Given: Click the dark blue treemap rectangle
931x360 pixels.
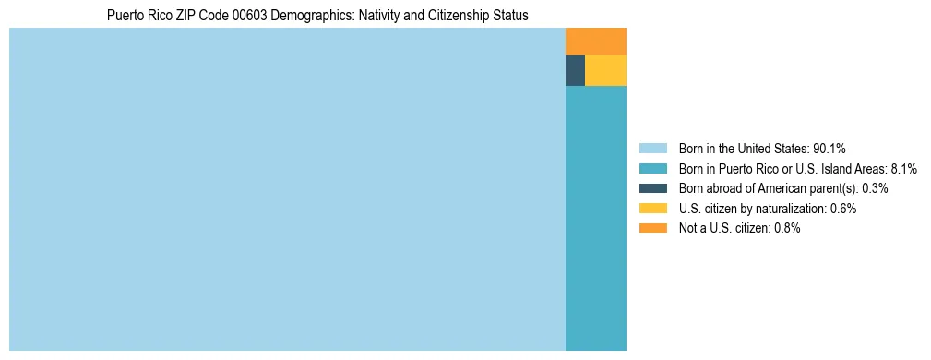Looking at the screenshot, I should (x=575, y=71).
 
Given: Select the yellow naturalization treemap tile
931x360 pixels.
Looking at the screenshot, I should (x=605, y=71).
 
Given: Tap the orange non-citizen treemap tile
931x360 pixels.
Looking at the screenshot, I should (x=595, y=42).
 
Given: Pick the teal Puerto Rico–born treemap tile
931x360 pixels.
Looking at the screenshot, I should (x=595, y=218).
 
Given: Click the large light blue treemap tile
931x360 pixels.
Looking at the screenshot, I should (x=287, y=189).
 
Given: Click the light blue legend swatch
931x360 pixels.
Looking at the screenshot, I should (x=652, y=148).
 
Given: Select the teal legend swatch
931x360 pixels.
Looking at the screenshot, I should (x=652, y=168).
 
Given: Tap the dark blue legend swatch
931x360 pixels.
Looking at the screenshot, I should (x=652, y=188).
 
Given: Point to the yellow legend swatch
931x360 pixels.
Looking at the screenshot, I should (x=652, y=209).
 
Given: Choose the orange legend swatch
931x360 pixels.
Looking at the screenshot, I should (x=652, y=228).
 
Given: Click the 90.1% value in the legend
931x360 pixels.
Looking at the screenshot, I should (x=830, y=148).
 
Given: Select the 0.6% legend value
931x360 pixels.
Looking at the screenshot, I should (x=843, y=209).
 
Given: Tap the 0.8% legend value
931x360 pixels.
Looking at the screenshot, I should (x=787, y=228).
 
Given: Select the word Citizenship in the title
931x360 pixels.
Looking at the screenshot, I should (x=463, y=16).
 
